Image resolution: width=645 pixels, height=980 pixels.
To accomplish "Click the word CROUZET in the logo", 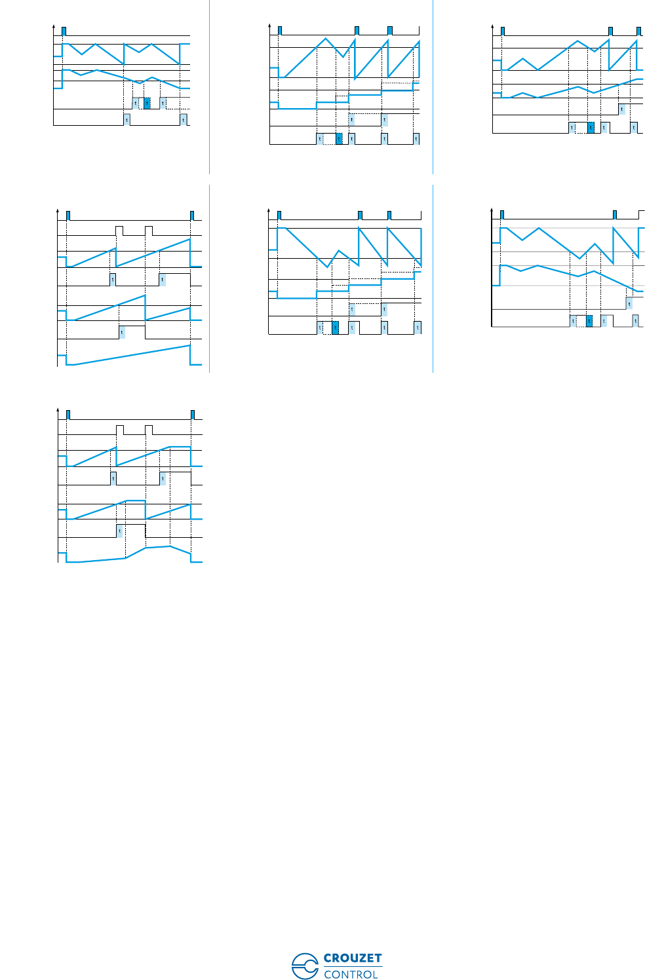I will pyautogui.click(x=352, y=958).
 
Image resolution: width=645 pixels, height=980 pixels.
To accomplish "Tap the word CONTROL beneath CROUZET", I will pyautogui.click(x=351, y=974).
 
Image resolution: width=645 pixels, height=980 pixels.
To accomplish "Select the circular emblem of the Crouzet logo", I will pyautogui.click(x=305, y=966).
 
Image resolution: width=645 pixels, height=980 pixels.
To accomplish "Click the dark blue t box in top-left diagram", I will pyautogui.click(x=147, y=103).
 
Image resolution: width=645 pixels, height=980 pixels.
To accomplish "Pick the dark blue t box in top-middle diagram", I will pyautogui.click(x=339, y=138).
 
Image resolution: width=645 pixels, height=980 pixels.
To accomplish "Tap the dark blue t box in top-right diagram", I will pyautogui.click(x=591, y=127).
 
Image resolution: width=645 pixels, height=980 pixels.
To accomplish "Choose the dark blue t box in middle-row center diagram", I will pyautogui.click(x=336, y=328).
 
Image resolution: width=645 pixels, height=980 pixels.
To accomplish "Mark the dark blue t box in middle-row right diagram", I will pyautogui.click(x=589, y=321).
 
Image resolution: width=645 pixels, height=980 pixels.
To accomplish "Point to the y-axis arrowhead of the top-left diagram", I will pyautogui.click(x=53, y=28).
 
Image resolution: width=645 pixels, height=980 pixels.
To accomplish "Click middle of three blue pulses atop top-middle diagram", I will pyautogui.click(x=357, y=30).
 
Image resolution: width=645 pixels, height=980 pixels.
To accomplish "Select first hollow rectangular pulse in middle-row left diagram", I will pyautogui.click(x=119, y=230).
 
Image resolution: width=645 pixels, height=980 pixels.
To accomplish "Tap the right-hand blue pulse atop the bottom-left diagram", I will pyautogui.click(x=193, y=414).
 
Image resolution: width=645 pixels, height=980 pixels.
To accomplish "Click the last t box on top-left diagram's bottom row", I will pyautogui.click(x=184, y=119).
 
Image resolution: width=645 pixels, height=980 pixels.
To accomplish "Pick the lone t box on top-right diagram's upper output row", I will pyautogui.click(x=622, y=109).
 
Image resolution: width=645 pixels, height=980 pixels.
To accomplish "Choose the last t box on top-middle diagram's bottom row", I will pyautogui.click(x=416, y=138).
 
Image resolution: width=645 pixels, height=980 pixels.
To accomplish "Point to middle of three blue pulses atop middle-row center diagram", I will pyautogui.click(x=360, y=215).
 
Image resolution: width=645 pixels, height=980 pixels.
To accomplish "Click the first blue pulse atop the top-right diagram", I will pyautogui.click(x=502, y=30).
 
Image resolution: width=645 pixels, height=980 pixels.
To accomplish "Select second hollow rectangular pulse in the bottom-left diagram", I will pyautogui.click(x=149, y=430).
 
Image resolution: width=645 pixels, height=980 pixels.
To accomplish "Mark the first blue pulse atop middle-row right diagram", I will pyautogui.click(x=502, y=214).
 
